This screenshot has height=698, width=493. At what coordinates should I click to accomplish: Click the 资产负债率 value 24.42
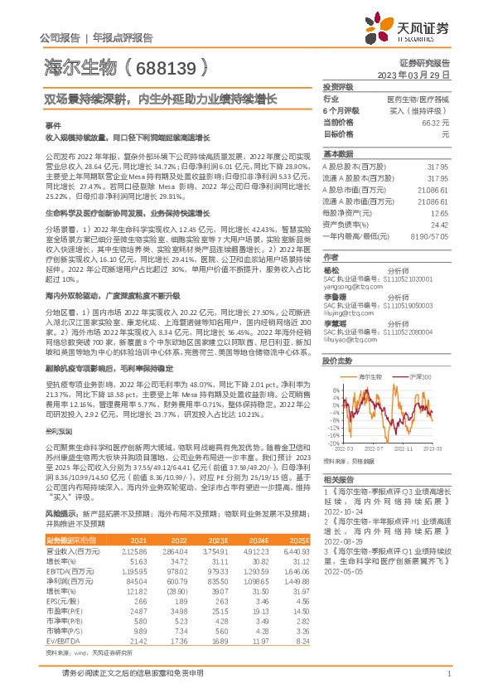click(x=440, y=224)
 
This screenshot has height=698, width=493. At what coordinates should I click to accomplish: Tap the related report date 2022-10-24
click(x=346, y=511)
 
